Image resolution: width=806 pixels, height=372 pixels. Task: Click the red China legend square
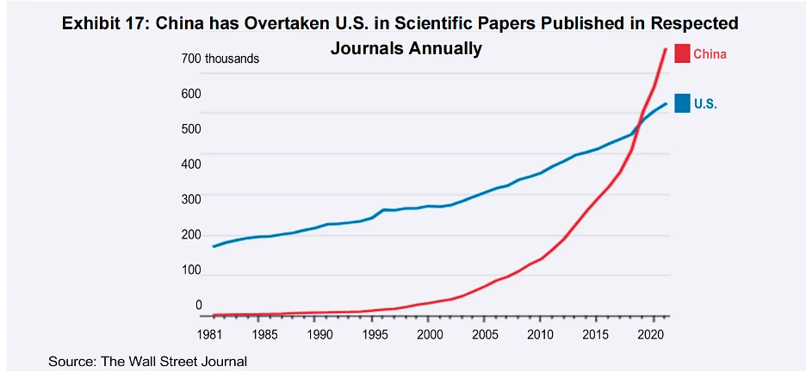pyautogui.click(x=682, y=53)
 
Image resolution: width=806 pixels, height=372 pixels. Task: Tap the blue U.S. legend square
pyautogui.click(x=682, y=103)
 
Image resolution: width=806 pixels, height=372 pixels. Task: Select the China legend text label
pyautogui.click(x=710, y=54)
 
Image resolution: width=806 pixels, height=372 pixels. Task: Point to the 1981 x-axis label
pyautogui.click(x=210, y=334)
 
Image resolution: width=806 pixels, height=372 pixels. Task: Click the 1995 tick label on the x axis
pyautogui.click(x=375, y=334)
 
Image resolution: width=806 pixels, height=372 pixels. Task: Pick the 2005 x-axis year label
pyautogui.click(x=485, y=334)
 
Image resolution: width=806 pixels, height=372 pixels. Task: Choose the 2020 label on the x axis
pyautogui.click(x=650, y=334)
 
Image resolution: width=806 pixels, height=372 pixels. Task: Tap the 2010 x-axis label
pyautogui.click(x=540, y=334)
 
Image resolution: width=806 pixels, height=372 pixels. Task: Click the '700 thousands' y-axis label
pyautogui.click(x=220, y=59)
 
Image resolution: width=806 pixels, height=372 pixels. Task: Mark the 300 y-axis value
pyautogui.click(x=190, y=199)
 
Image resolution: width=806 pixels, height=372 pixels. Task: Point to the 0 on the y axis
pyautogui.click(x=198, y=305)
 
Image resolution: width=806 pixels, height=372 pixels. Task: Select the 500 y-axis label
pyautogui.click(x=190, y=129)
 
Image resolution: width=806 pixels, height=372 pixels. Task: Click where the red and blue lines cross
pyautogui.click(x=640, y=118)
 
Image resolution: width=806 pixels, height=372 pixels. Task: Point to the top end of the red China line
pyautogui.click(x=665, y=49)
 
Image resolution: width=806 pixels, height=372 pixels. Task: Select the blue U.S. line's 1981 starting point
pyautogui.click(x=213, y=246)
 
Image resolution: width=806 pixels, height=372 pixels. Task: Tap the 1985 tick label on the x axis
pyautogui.click(x=265, y=334)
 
